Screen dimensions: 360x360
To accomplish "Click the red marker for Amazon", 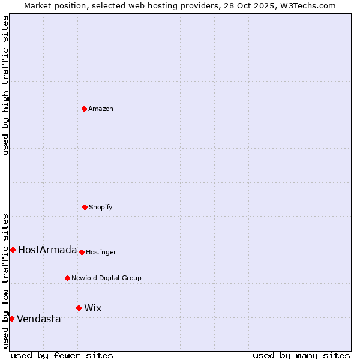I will [84, 109].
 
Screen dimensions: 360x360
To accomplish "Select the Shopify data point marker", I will [85, 207].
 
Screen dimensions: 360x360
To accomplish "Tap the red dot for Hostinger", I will [82, 252].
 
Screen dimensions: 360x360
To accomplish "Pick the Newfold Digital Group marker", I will [67, 278].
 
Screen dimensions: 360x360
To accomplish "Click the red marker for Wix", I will [79, 308].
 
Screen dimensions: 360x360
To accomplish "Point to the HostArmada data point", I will [13, 250].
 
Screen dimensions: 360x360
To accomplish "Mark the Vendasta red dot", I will [11, 319].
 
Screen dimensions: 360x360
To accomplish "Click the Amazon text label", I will [101, 109].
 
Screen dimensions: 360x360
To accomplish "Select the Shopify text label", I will [101, 207].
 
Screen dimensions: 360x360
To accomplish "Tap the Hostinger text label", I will [101, 252].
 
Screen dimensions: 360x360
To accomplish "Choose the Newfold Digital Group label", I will [106, 278].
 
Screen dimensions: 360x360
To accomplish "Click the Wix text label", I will [93, 308].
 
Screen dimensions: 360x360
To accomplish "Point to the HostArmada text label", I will [47, 250].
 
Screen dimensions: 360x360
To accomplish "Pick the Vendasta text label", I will [39, 319].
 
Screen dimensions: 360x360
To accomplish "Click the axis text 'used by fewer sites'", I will [62, 355].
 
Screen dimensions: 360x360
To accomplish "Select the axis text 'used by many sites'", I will [301, 355].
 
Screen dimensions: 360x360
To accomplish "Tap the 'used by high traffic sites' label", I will [5, 85].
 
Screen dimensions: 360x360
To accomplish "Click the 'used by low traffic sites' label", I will [5, 281].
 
